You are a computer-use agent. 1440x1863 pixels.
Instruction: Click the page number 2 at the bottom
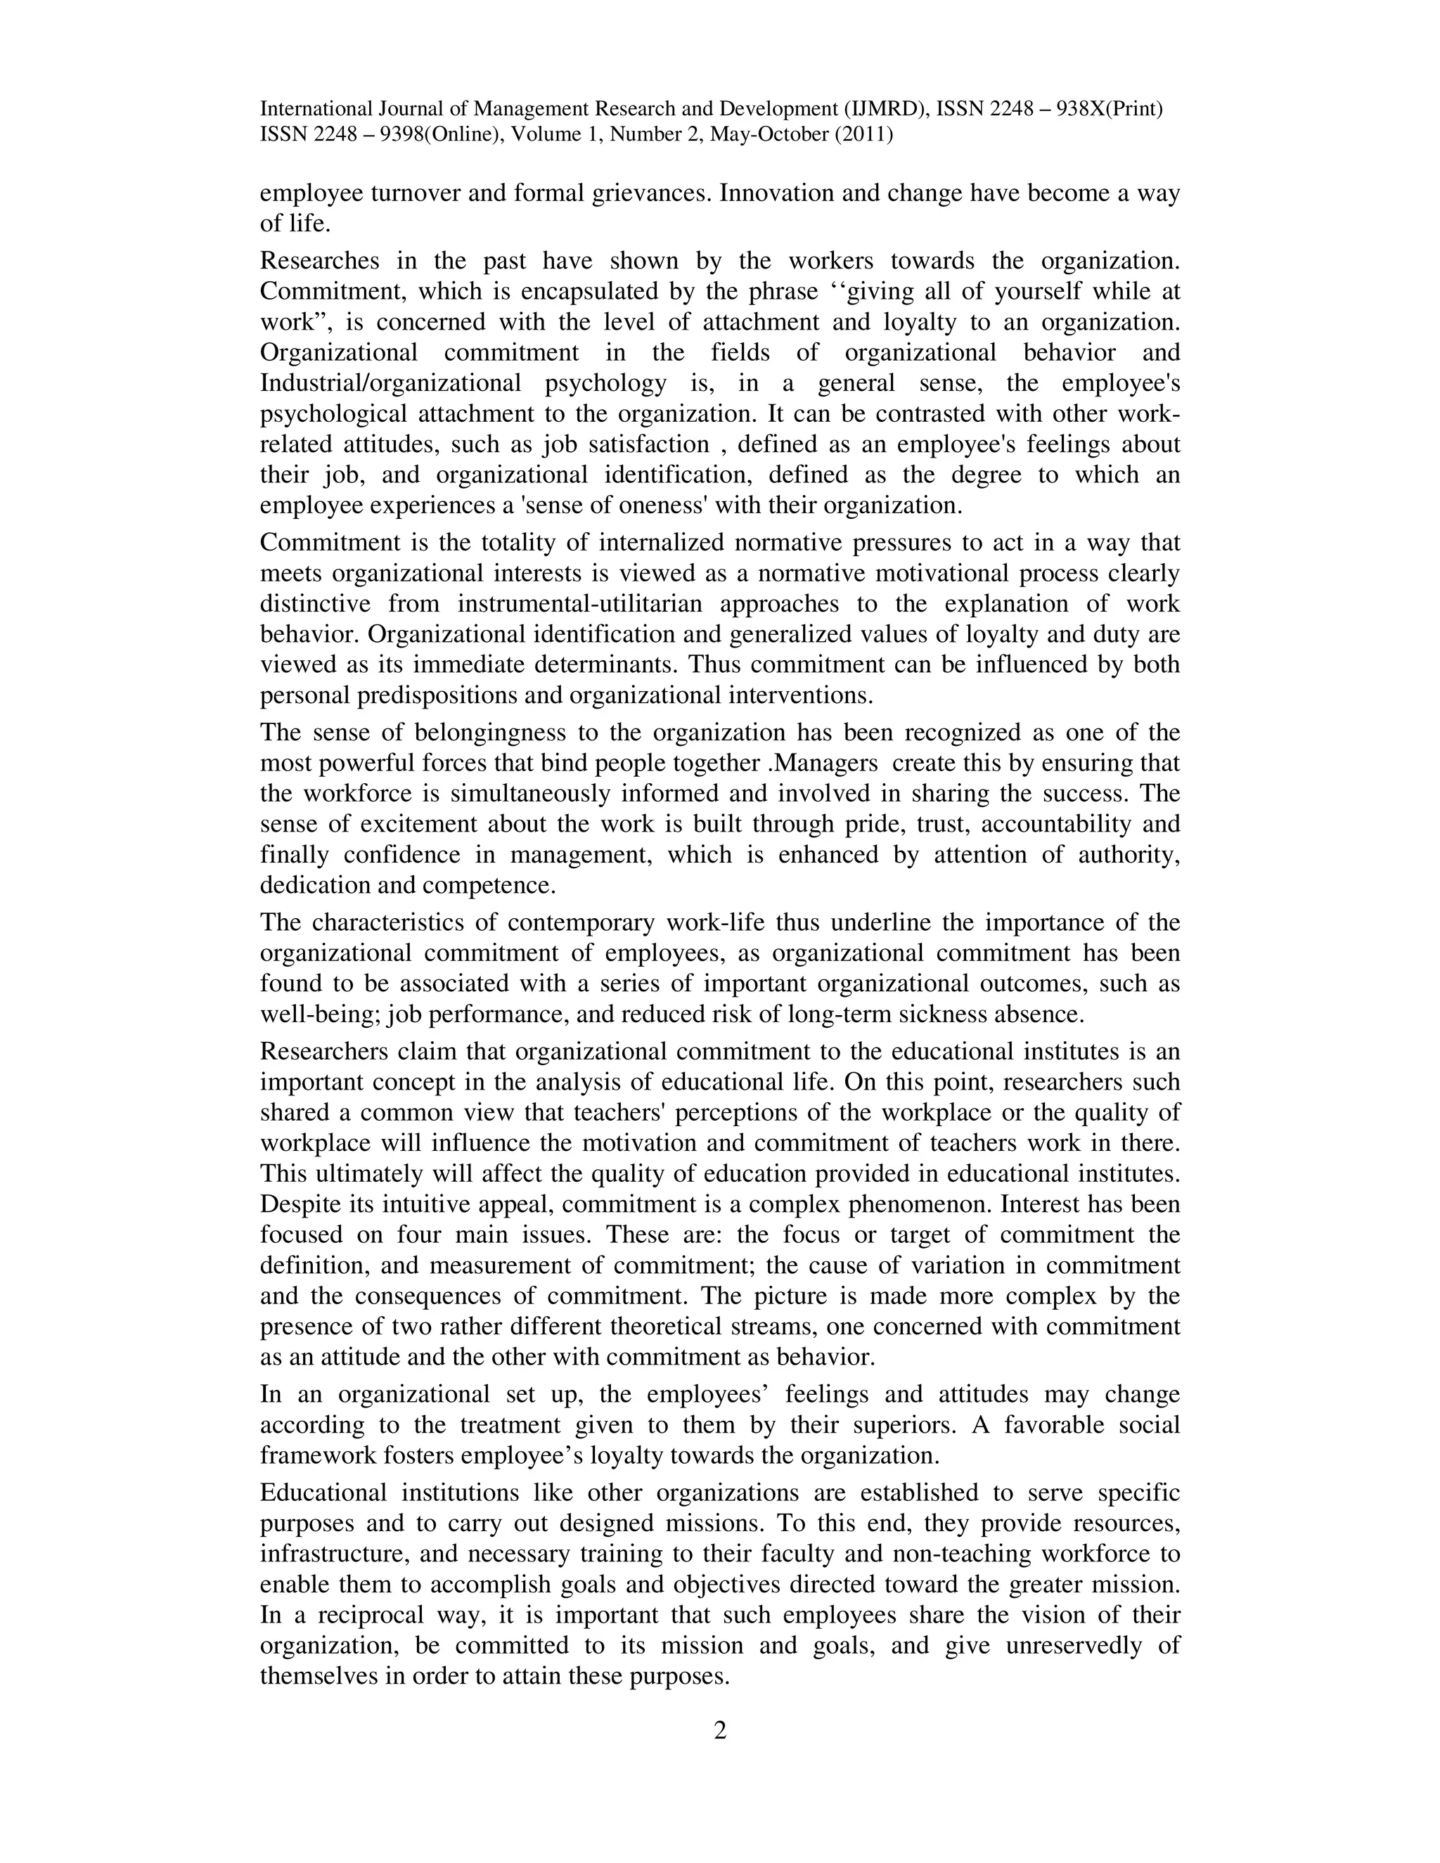719,1730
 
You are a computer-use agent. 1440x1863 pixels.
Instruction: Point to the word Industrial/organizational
390,383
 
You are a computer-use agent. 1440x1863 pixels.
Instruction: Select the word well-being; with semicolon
325,1014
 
